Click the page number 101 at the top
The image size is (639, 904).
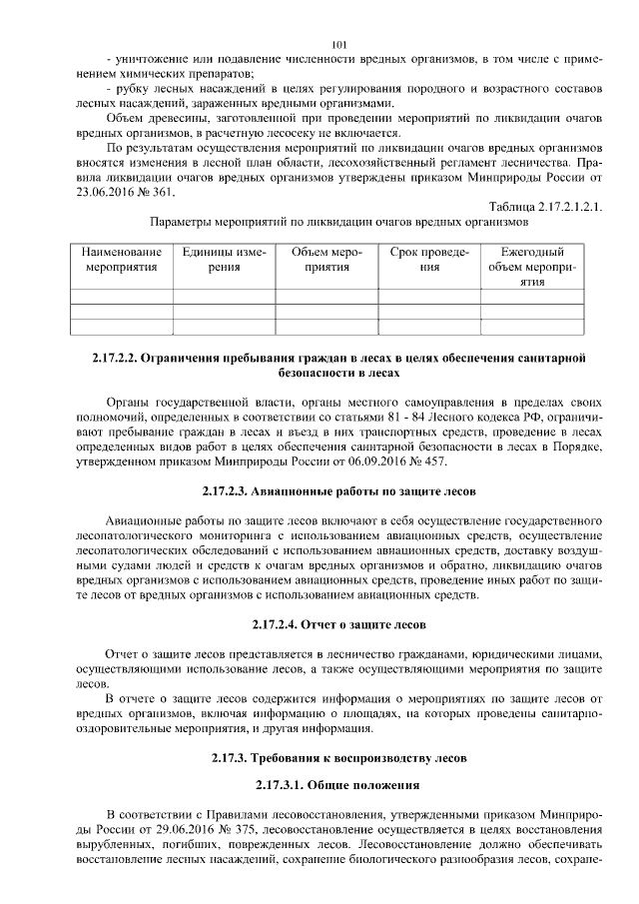(x=337, y=43)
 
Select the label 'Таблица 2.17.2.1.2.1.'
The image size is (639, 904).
(x=537, y=206)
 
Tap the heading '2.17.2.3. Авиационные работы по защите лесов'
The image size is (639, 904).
(x=337, y=492)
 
